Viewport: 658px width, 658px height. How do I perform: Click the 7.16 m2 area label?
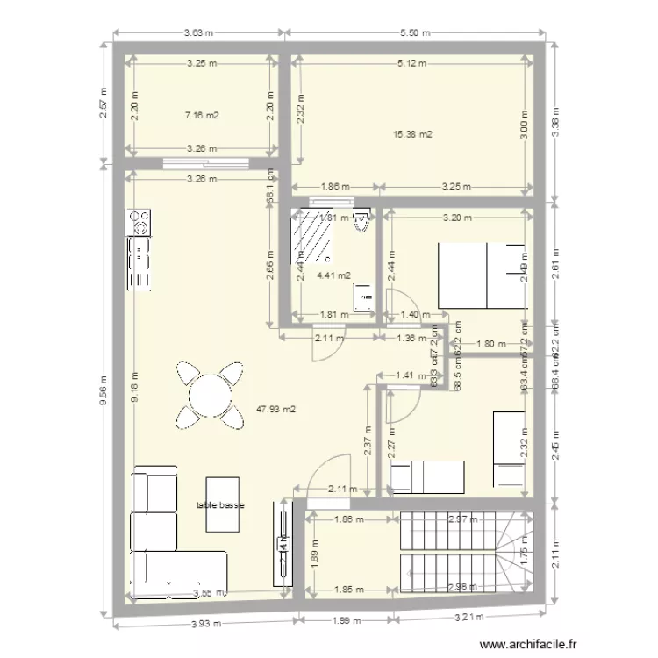201,115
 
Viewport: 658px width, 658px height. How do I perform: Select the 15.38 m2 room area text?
412,134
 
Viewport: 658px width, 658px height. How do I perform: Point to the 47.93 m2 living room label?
275,409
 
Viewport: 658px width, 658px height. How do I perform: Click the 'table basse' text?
221,506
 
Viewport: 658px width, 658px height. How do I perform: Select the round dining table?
210,396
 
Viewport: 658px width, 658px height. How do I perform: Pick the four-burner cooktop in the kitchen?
139,223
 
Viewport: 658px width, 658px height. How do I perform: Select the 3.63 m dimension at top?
198,33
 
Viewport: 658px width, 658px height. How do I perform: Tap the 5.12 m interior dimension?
411,63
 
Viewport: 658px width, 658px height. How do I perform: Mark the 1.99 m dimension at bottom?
347,622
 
